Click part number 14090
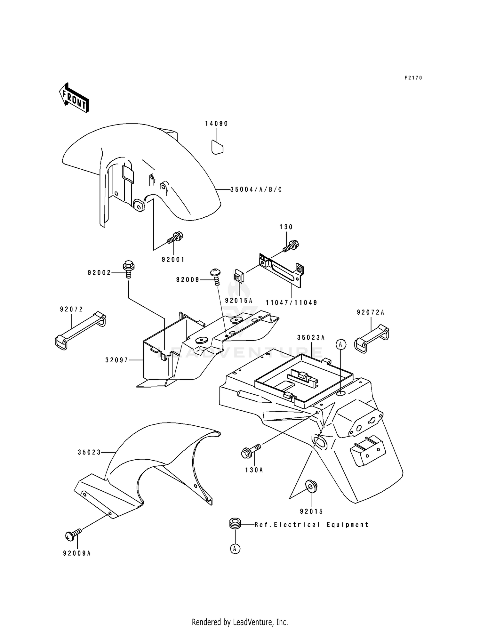tap(217, 124)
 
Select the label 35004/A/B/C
tap(256, 189)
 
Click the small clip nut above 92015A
tap(238, 277)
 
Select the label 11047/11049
tap(292, 302)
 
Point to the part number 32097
tap(116, 360)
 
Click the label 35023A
tap(311, 337)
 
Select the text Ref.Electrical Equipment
tap(312, 525)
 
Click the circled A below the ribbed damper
tap(235, 549)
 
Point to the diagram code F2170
tap(413, 78)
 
